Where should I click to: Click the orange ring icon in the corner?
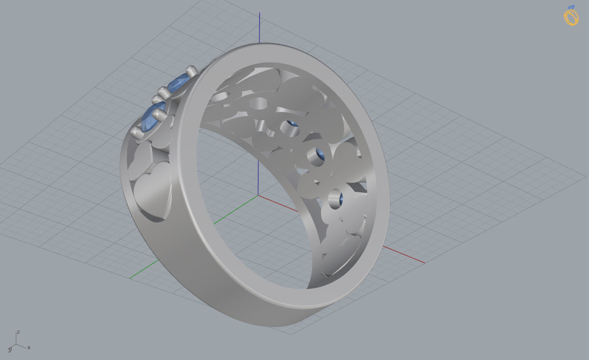coord(571,17)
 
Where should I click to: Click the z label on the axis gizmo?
coord(18,332)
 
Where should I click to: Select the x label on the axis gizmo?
coord(29,347)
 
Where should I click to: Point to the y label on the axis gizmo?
coord(9,349)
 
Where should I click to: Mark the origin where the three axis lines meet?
coord(259,195)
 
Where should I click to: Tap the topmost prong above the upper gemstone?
coord(191,70)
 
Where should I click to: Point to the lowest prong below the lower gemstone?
coord(136,131)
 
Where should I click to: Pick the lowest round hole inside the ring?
coord(336,199)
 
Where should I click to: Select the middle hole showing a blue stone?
coord(317,157)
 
